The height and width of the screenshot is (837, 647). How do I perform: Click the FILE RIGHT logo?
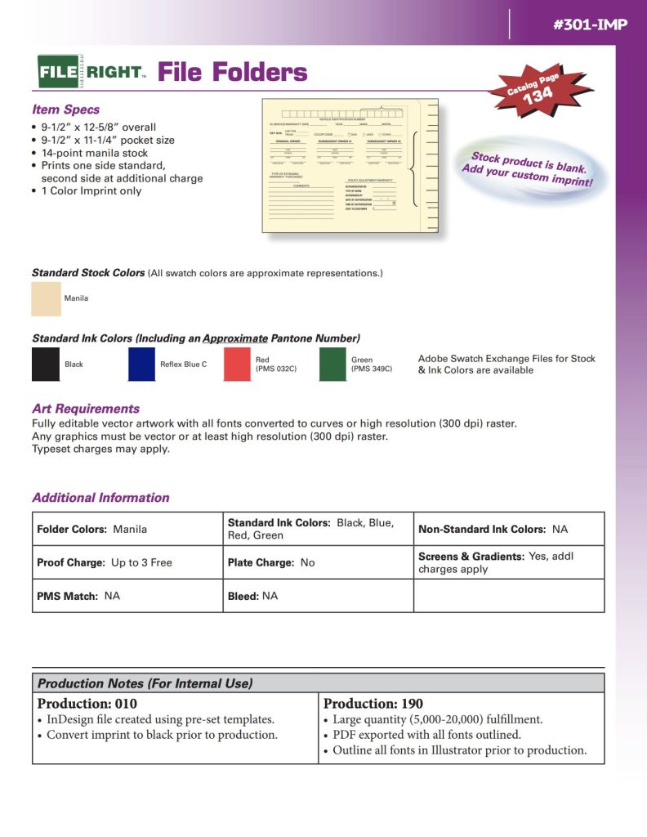[x=91, y=72]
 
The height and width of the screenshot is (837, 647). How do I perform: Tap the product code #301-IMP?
[x=590, y=25]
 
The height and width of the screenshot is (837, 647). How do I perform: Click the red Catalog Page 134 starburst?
[x=534, y=89]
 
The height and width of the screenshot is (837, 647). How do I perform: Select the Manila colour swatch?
[x=47, y=298]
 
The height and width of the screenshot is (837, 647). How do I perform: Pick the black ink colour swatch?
[x=46, y=365]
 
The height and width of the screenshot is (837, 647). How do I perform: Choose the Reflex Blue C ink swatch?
[x=141, y=365]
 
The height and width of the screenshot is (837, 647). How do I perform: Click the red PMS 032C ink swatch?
[x=237, y=365]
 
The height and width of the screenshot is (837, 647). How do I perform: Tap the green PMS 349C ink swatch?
[x=332, y=365]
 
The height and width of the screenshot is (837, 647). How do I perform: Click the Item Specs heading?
[x=65, y=110]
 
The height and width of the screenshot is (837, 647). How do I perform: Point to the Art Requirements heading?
[x=86, y=409]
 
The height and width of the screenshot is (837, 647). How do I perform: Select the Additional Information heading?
[x=100, y=498]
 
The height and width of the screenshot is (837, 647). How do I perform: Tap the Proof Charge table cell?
[x=127, y=562]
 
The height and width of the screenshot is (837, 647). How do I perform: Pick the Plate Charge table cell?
[x=319, y=562]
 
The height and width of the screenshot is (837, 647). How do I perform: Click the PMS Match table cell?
[x=127, y=596]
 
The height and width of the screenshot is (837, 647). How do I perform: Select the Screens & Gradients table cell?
[x=510, y=562]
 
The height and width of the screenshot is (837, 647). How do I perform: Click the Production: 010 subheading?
[x=87, y=704]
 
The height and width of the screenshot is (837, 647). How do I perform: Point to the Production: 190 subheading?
[x=373, y=704]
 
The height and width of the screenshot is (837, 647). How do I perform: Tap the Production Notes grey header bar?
[x=319, y=683]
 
